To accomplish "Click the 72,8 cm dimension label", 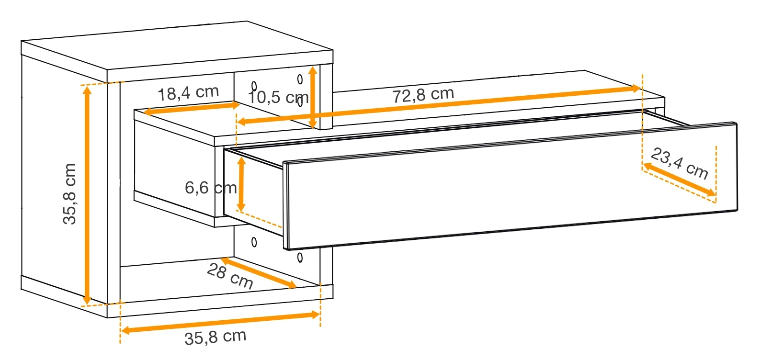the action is coord(423,95).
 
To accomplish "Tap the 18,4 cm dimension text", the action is coord(188,93).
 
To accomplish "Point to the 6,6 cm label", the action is coord(211,188).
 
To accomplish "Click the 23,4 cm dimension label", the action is coord(680,163).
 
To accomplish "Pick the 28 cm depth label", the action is coord(230,276).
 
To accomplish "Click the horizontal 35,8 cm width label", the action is coord(216,337).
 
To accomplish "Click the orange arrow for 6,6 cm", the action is coord(241,184).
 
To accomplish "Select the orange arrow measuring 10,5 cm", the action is coord(313,97).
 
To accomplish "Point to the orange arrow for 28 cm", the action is coord(259,273).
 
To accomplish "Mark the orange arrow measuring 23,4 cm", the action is coord(680,180).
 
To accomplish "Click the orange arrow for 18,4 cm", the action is coord(192,108).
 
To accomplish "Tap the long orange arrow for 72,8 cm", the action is coord(439,105).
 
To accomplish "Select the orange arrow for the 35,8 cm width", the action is coord(220,322).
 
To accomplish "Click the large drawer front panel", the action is coord(510,186).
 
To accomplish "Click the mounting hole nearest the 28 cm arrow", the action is coord(300,258).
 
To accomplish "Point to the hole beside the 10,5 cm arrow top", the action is coord(300,79).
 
